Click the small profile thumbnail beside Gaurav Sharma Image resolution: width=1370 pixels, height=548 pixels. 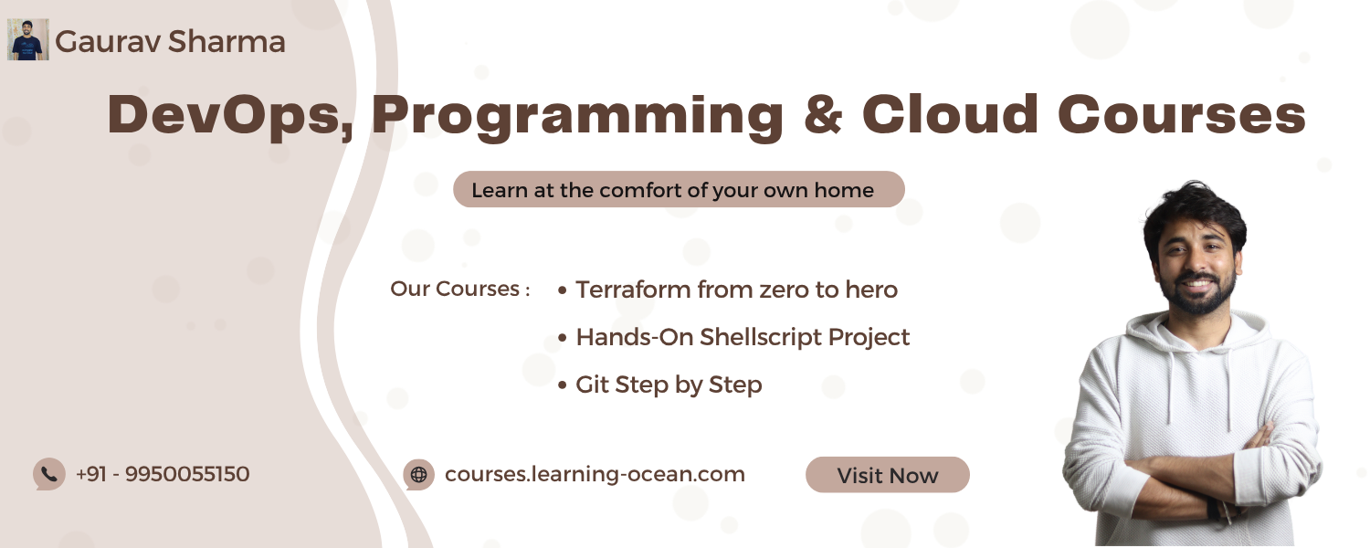coord(28,40)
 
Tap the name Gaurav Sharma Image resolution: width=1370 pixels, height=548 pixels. coord(170,42)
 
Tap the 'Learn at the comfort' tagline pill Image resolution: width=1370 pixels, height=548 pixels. coord(679,190)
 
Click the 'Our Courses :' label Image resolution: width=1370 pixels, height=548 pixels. coord(460,289)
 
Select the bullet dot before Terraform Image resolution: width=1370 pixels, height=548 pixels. coord(563,290)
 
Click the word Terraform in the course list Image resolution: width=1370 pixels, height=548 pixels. coord(633,290)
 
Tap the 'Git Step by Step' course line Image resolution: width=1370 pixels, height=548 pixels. coord(669,385)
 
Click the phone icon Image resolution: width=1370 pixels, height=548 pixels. coord(49,474)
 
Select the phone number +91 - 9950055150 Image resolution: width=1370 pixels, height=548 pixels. coord(162,474)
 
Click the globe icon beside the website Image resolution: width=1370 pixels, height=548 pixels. coord(419,475)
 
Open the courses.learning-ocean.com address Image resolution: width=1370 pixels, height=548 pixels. coord(595,475)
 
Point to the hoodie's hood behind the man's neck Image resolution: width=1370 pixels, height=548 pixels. coord(1198,333)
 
